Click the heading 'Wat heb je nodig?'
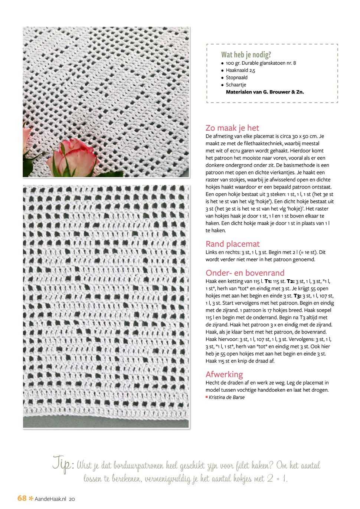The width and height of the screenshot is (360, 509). pyautogui.click(x=246, y=55)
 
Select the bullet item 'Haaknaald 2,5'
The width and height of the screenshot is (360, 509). pyautogui.click(x=240, y=70)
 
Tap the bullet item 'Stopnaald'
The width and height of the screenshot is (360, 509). pyautogui.click(x=236, y=78)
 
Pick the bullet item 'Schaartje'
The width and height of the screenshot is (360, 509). pyautogui.click(x=236, y=85)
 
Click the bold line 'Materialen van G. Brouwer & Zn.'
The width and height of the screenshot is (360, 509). pyautogui.click(x=265, y=92)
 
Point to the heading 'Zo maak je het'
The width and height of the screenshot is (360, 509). pyautogui.click(x=232, y=128)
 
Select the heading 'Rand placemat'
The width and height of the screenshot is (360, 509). pyautogui.click(x=233, y=244)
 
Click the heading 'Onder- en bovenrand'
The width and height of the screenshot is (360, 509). pyautogui.click(x=245, y=273)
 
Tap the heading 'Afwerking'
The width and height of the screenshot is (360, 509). pyautogui.click(x=224, y=374)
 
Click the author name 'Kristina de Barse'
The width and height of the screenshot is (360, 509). pyautogui.click(x=227, y=397)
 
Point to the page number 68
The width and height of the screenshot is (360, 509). pyautogui.click(x=22, y=498)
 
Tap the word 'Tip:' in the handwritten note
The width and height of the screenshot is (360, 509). pyautogui.click(x=63, y=464)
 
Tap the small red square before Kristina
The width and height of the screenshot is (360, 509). pyautogui.click(x=207, y=397)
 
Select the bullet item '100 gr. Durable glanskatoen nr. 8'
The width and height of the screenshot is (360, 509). pyautogui.click(x=261, y=63)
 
